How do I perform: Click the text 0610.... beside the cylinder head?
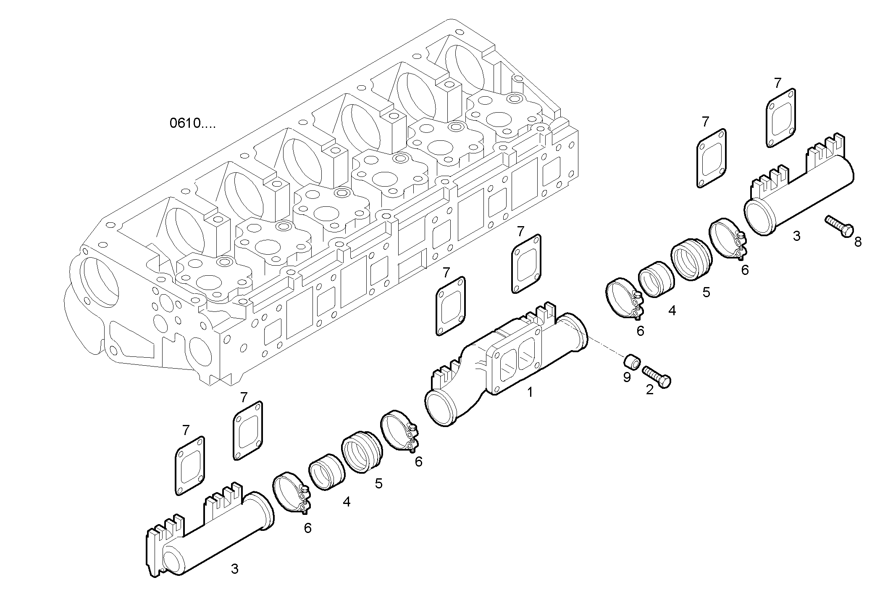192,124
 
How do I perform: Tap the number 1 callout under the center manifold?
530,392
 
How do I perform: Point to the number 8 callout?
858,242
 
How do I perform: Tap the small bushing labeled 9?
632,361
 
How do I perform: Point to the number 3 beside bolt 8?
797,236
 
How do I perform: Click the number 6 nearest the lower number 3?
308,528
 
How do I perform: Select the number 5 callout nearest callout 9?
707,292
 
